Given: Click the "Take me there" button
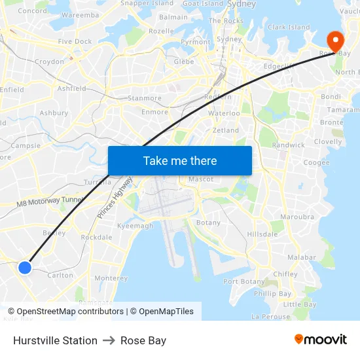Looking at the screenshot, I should click(180, 160).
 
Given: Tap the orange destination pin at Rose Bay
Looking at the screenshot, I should click(334, 41).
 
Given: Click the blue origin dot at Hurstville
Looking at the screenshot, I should click(25, 267).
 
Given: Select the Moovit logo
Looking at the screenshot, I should click(320, 340).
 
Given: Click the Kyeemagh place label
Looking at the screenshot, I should click(135, 226).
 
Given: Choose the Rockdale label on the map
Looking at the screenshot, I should click(96, 237).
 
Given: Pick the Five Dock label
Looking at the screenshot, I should click(75, 41).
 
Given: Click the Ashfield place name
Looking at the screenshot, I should click(71, 88).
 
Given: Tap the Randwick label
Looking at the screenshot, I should click(288, 145).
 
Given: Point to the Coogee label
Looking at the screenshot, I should click(316, 162).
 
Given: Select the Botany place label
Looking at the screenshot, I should click(209, 223).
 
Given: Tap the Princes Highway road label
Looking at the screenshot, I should click(115, 200).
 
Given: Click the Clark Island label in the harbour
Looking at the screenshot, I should click(289, 27).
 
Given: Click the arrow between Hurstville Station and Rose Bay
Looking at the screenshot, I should click(109, 340).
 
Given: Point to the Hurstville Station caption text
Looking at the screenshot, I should click(55, 340).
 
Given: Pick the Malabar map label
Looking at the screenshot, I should click(302, 258).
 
